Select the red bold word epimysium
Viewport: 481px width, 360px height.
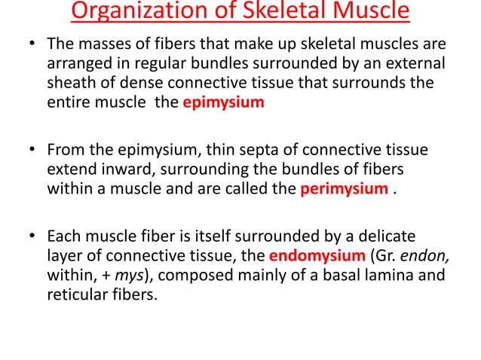tap(223, 103)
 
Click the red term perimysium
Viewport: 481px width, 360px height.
tap(344, 188)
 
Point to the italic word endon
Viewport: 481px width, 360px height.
tap(419, 255)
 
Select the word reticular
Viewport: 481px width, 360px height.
tap(75, 293)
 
